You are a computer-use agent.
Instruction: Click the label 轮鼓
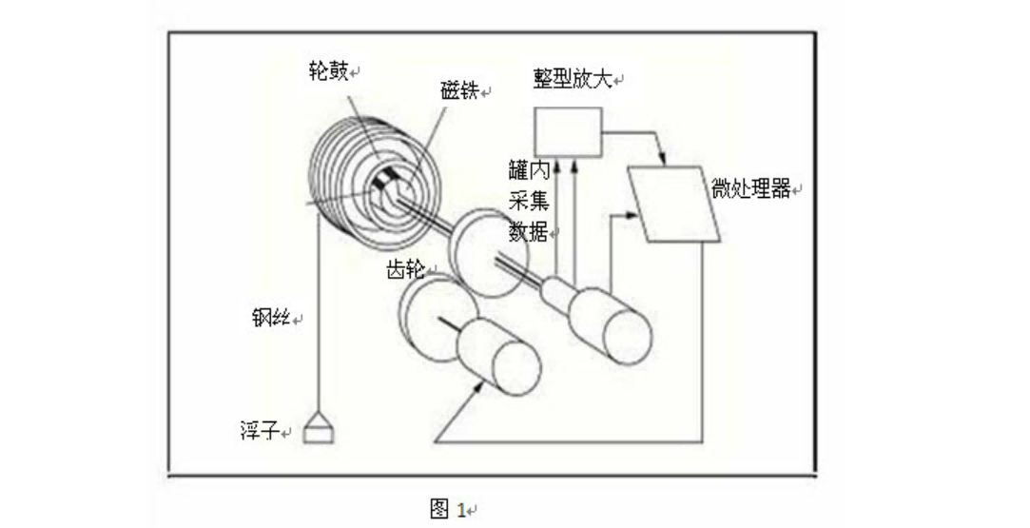pos(328,70)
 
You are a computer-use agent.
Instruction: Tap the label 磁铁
pos(459,90)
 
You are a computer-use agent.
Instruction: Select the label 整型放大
pos(573,79)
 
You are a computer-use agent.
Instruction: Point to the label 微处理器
pos(750,188)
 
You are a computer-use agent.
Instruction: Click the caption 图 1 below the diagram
pos(448,508)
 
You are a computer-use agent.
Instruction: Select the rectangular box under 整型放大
pos(568,132)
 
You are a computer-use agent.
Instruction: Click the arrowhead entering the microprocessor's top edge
pos(662,160)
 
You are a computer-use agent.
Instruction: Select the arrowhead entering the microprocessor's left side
pos(632,215)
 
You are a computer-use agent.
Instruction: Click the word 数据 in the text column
pos(528,230)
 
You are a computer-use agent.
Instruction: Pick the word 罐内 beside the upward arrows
pos(528,170)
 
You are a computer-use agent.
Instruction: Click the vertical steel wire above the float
pos(319,307)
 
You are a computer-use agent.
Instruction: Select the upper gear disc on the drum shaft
pos(486,254)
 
